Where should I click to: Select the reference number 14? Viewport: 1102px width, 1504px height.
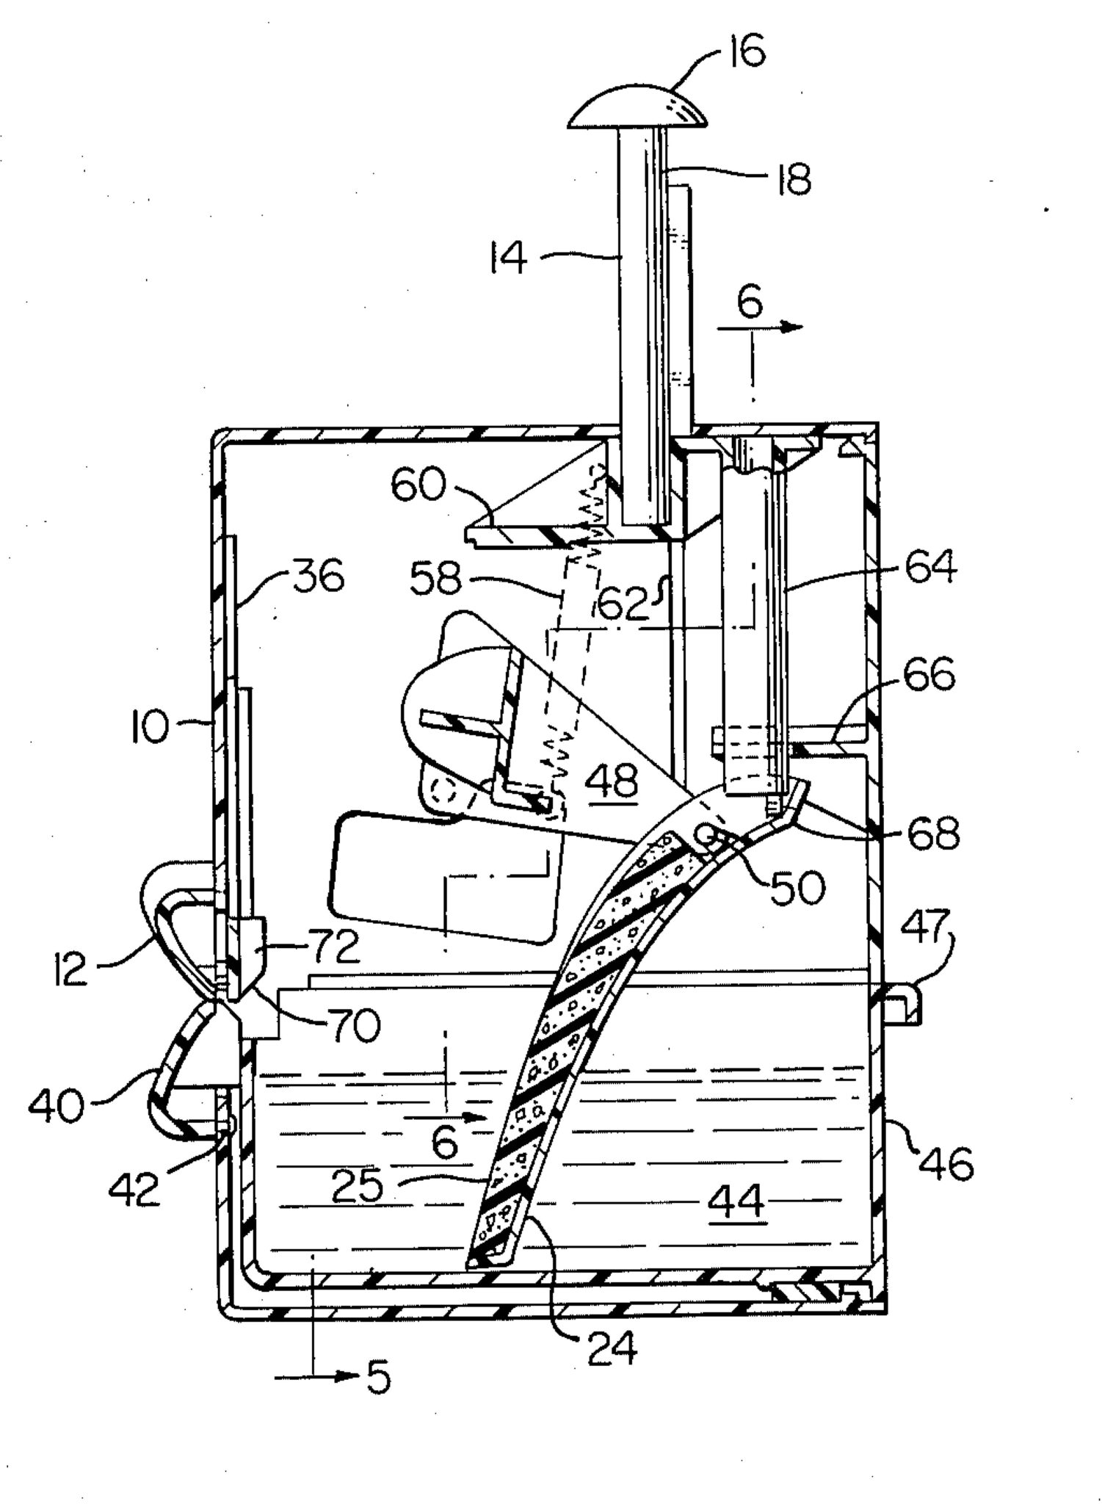(509, 258)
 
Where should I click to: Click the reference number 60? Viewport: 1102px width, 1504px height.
(418, 485)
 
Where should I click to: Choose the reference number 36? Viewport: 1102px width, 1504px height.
(318, 577)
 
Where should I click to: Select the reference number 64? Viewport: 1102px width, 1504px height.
(931, 565)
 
